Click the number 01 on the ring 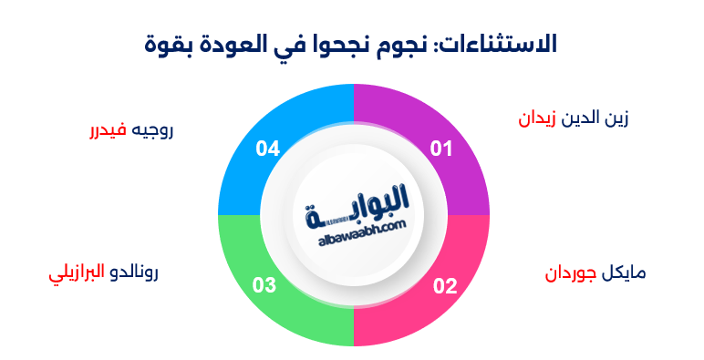click(x=441, y=149)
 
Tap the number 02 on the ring click(x=444, y=286)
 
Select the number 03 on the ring click(x=264, y=286)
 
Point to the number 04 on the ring click(x=267, y=149)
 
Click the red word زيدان click(x=538, y=119)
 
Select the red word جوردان click(x=570, y=274)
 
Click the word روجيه click(x=151, y=130)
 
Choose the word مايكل click(x=623, y=274)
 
